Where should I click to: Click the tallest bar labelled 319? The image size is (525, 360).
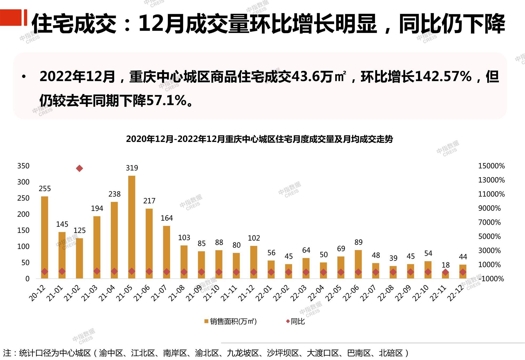pyautogui.click(x=132, y=227)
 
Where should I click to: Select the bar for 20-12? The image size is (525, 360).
pyautogui.click(x=45, y=237)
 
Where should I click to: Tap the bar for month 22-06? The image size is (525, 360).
pyautogui.click(x=358, y=264)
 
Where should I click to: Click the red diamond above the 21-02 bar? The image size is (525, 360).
pyautogui.click(x=79, y=168)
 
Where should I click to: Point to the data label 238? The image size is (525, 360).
pyautogui.click(x=114, y=194)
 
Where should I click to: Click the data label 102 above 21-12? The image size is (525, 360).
pyautogui.click(x=254, y=238)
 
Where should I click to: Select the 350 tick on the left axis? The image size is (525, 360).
pyautogui.click(x=23, y=166)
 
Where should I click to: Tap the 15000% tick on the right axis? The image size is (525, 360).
pyautogui.click(x=491, y=166)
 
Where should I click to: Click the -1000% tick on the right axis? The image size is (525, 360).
pyautogui.click(x=491, y=279)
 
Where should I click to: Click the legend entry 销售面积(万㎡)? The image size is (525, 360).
pyautogui.click(x=231, y=321)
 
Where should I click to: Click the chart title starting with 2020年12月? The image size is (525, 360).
pyautogui.click(x=259, y=139)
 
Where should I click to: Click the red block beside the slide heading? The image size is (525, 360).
pyautogui.click(x=11, y=18)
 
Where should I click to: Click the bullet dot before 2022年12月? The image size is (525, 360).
pyautogui.click(x=24, y=77)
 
